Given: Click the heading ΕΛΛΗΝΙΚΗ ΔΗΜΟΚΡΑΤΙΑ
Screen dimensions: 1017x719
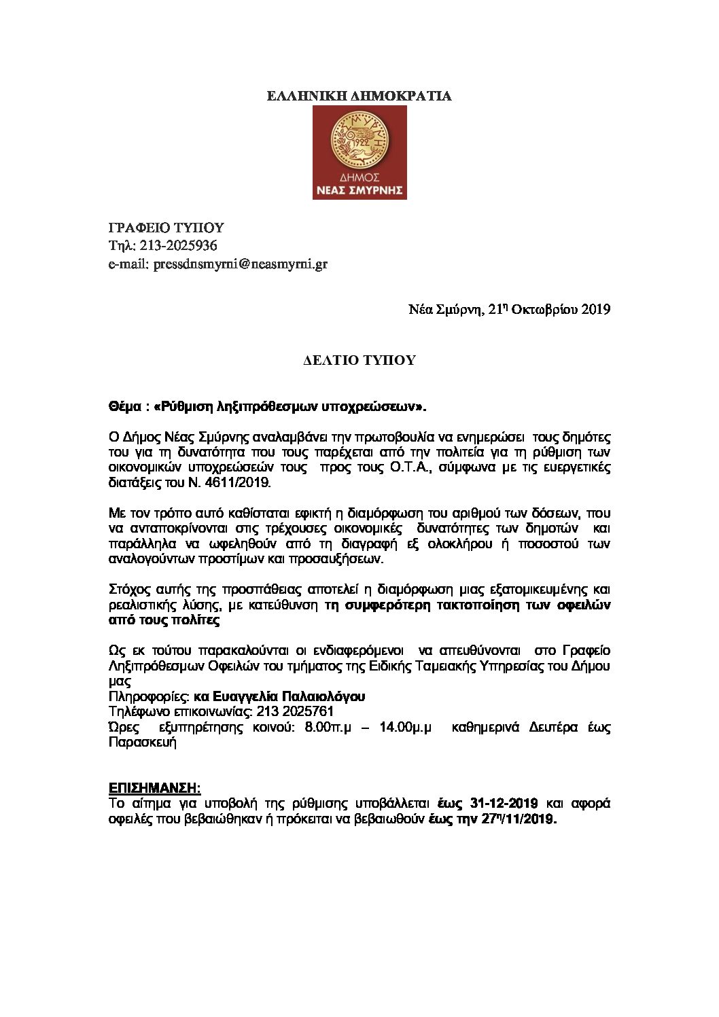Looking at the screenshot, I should pos(359,96).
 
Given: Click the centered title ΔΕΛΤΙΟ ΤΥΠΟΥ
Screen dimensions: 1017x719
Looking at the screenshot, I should pos(359,361).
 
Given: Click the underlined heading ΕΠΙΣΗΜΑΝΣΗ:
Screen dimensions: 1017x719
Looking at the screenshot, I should pos(155,789).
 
